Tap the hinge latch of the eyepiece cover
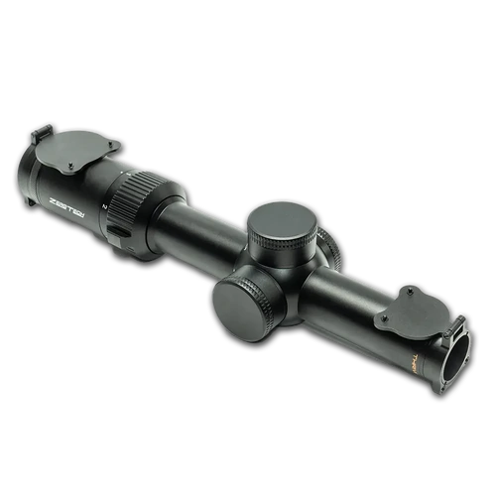click(42, 134)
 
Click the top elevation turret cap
click(282, 224)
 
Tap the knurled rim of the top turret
click(282, 243)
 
